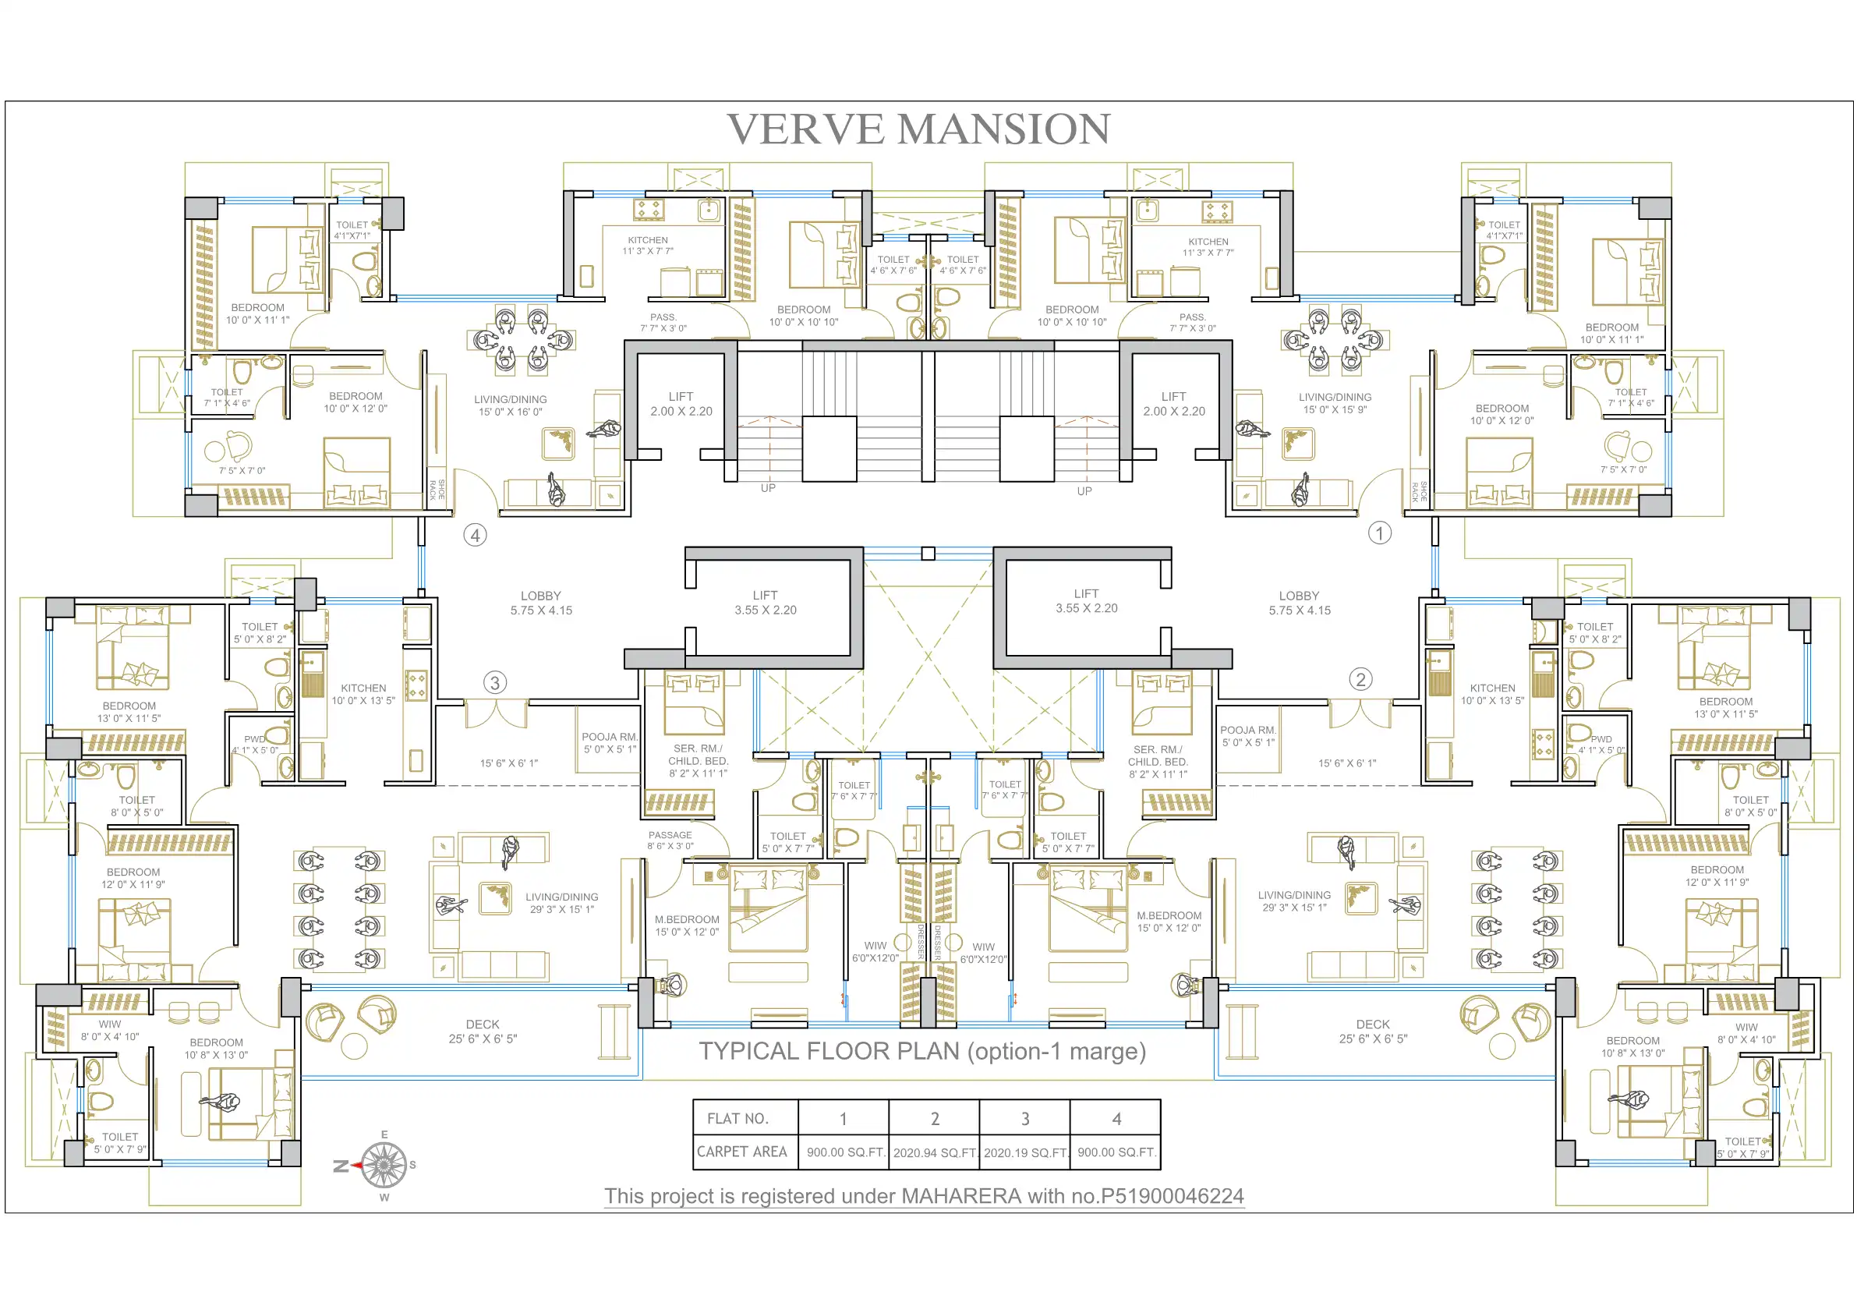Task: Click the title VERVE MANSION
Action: pyautogui.click(x=919, y=129)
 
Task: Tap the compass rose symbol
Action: pyautogui.click(x=384, y=1166)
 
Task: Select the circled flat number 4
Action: pyautogui.click(x=475, y=535)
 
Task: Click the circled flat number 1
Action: pyautogui.click(x=1380, y=533)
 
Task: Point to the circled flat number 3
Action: pyautogui.click(x=495, y=683)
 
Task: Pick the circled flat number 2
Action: pyautogui.click(x=1360, y=680)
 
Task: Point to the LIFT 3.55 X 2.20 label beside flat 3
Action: pyautogui.click(x=765, y=603)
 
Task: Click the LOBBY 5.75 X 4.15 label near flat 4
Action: pyautogui.click(x=541, y=603)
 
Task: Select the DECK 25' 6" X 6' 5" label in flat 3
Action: pyautogui.click(x=483, y=1032)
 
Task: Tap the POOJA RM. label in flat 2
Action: pyautogui.click(x=1248, y=731)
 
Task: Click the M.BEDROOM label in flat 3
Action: pyautogui.click(x=687, y=920)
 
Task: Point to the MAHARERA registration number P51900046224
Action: pyautogui.click(x=1172, y=1197)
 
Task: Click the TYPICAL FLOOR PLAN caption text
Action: pyautogui.click(x=922, y=1052)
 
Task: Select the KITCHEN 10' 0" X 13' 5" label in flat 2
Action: pyautogui.click(x=1492, y=695)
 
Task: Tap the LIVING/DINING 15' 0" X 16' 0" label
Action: pyautogui.click(x=511, y=406)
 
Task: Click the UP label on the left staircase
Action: pyautogui.click(x=768, y=489)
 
